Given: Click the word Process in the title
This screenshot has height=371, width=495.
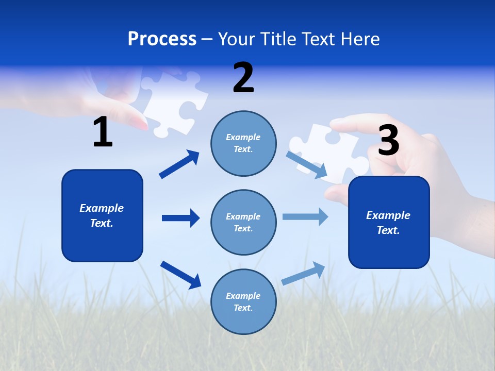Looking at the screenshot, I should [x=162, y=39].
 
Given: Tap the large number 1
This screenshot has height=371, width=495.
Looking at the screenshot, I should [x=103, y=132].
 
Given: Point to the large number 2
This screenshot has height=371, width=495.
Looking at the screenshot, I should [x=243, y=78].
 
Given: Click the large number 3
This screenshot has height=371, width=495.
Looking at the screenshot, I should [x=388, y=140].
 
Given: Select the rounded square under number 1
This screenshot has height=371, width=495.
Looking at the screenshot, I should [x=102, y=215].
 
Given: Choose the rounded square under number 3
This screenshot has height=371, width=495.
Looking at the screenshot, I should [x=389, y=222].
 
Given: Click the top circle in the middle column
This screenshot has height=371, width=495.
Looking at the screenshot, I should [x=243, y=143].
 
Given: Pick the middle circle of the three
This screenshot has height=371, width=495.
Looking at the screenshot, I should [x=243, y=222].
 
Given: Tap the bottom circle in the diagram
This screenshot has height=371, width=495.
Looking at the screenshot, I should [x=243, y=301].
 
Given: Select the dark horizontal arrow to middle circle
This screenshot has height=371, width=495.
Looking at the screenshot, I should [x=180, y=218].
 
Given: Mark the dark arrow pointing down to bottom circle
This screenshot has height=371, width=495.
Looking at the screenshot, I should [x=180, y=275].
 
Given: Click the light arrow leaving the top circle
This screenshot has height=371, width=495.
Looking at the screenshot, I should [x=307, y=164].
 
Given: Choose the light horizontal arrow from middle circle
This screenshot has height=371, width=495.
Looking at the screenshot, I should [x=305, y=216].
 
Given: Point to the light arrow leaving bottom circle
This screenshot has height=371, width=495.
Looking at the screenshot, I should [x=304, y=273].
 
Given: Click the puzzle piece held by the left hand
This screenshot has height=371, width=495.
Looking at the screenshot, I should [x=173, y=100].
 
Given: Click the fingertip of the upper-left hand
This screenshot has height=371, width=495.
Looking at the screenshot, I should [x=138, y=122].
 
